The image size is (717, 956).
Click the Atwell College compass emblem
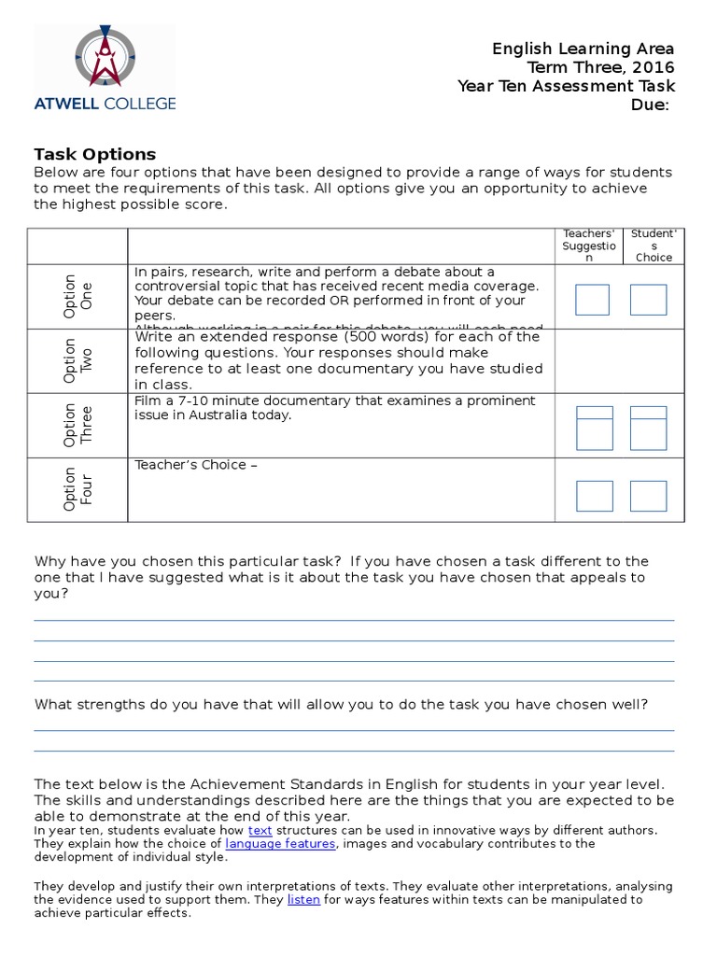104,58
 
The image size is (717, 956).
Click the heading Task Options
94,154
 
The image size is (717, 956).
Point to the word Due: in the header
650,105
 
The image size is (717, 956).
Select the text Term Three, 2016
600,67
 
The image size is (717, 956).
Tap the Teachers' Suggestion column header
589,246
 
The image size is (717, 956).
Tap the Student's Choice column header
654,246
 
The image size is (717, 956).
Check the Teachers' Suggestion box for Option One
592,300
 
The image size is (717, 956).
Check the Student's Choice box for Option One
648,300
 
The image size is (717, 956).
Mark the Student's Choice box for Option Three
648,429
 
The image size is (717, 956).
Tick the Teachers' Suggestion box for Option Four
594,496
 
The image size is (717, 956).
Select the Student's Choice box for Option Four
648,496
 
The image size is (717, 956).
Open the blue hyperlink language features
280,843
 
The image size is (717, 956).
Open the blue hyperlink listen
303,900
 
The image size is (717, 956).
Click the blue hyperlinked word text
260,830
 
